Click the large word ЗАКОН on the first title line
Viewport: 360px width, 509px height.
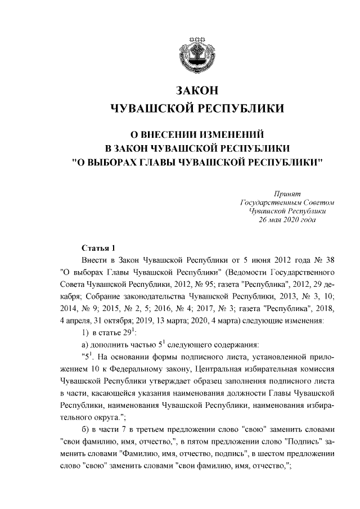[196, 91]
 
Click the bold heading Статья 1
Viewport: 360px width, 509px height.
[98, 249]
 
